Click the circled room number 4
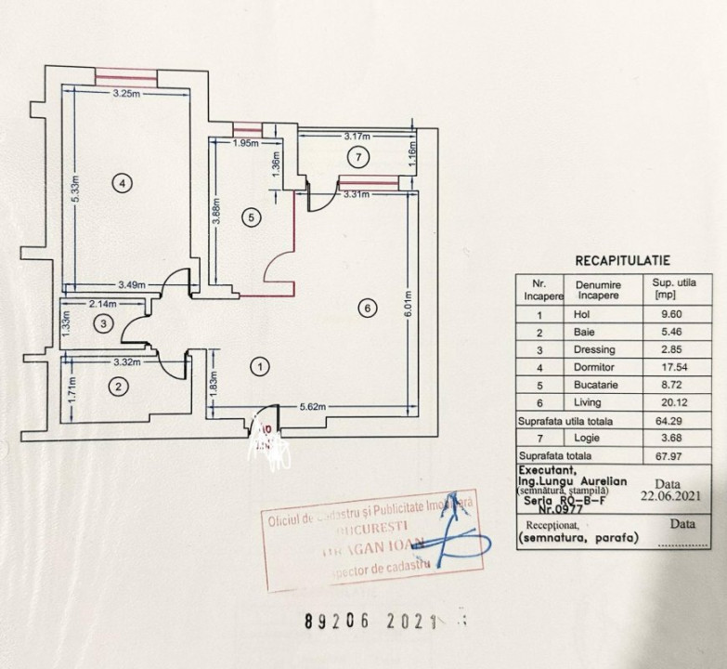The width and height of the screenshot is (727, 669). [123, 183]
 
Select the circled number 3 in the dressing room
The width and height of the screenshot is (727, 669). [105, 323]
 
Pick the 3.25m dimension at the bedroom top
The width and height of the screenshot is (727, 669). [126, 93]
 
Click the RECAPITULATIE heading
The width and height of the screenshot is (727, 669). [622, 262]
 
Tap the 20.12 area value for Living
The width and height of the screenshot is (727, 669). [666, 402]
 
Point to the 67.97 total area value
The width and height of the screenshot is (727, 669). [666, 456]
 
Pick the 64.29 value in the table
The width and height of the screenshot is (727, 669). [666, 420]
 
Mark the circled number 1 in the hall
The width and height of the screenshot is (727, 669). [261, 367]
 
